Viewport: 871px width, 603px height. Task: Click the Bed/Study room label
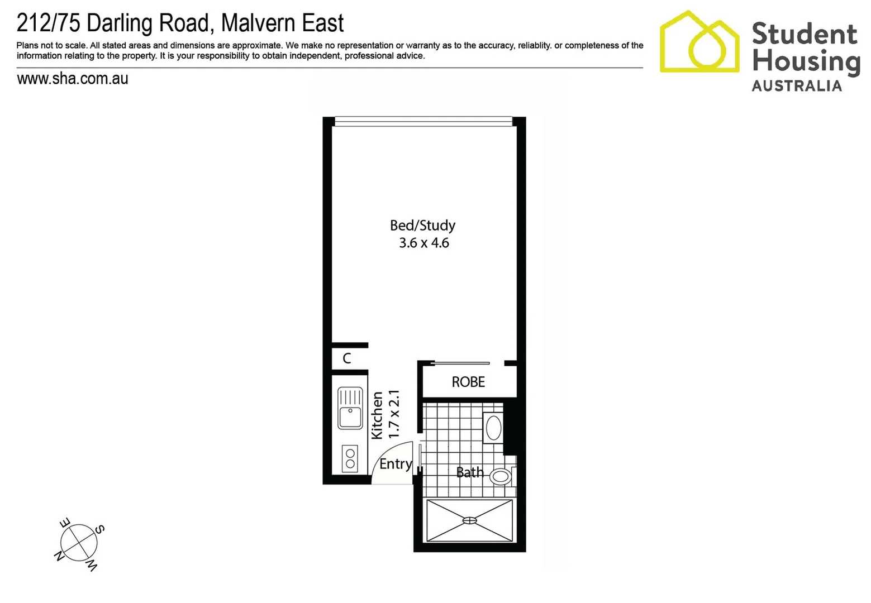tap(422, 226)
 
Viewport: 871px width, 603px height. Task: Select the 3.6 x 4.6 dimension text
tap(423, 243)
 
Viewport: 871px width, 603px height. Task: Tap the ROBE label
tap(468, 382)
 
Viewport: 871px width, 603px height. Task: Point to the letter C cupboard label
tap(347, 358)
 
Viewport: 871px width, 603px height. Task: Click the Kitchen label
tap(378, 415)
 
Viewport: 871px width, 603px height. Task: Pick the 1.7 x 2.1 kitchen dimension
tap(394, 414)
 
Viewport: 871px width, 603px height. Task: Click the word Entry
tap(396, 464)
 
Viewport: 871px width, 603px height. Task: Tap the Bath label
tap(469, 472)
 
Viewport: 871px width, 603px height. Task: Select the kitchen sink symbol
tap(350, 408)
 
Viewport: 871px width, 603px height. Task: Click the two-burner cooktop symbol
tap(350, 458)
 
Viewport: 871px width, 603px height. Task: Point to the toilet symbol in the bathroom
tap(501, 476)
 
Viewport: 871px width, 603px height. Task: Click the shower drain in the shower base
tap(470, 520)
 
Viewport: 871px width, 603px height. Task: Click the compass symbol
tap(79, 543)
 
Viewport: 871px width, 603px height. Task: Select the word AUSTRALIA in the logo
tap(797, 86)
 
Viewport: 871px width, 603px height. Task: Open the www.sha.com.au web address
tap(73, 79)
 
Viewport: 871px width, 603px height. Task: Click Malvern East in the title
tap(283, 23)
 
